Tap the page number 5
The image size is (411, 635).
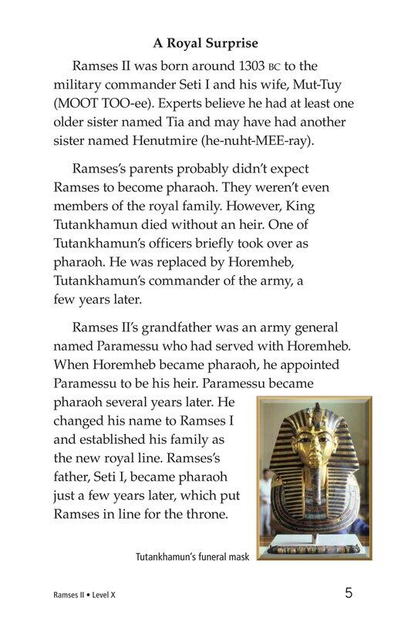(x=349, y=593)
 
